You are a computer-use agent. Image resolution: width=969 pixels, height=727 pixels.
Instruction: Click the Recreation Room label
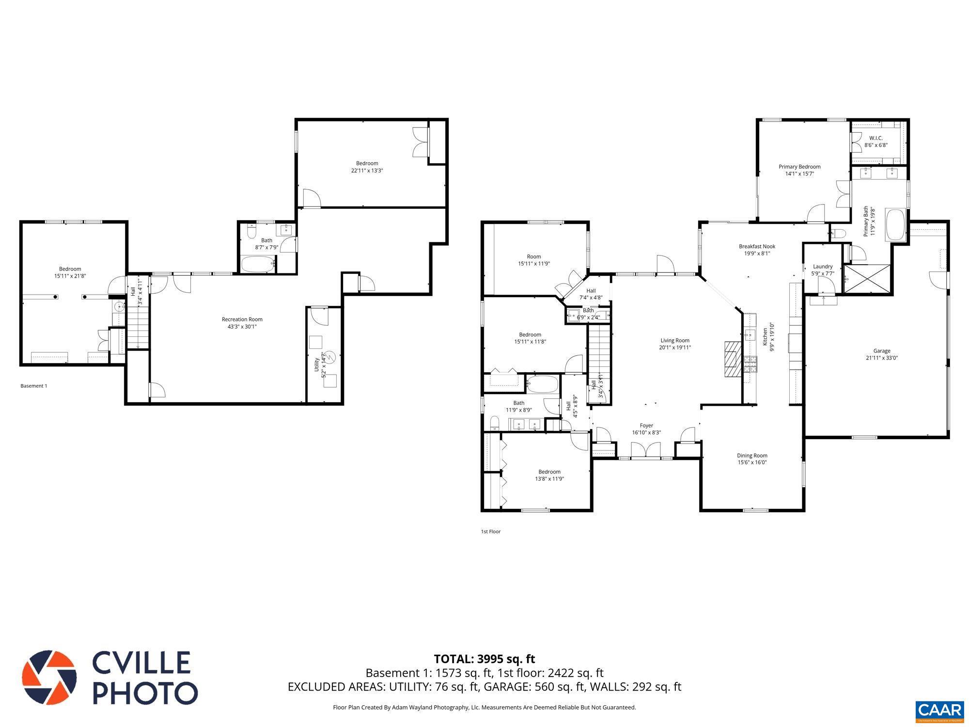tap(242, 319)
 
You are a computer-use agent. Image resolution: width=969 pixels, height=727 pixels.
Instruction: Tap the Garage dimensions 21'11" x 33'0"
tap(881, 358)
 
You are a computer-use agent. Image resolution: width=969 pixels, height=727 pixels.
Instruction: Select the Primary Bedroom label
tap(799, 167)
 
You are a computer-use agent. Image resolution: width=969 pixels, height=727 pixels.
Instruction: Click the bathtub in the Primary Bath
tap(895, 225)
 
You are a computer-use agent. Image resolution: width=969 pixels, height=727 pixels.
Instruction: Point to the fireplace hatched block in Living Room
tap(733, 359)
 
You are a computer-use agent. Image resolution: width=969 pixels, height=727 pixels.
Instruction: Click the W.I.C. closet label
tap(875, 138)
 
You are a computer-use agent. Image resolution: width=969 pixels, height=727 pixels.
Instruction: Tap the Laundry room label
tap(823, 267)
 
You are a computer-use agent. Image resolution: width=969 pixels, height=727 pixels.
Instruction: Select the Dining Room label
tap(752, 456)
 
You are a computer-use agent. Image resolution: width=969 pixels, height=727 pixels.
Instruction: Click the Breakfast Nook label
tap(757, 246)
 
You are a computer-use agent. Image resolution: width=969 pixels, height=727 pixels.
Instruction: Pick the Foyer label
tap(646, 426)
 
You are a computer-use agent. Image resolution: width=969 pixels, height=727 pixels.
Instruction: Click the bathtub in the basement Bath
tap(258, 265)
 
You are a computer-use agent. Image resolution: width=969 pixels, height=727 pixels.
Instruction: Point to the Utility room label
tap(317, 365)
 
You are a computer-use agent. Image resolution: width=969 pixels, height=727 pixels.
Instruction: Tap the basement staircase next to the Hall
tap(138, 323)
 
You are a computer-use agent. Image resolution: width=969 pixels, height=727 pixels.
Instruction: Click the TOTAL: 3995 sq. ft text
tap(484, 659)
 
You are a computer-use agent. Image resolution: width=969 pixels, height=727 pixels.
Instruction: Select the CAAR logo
tap(939, 711)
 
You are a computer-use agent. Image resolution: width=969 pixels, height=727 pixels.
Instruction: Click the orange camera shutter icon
tap(49, 678)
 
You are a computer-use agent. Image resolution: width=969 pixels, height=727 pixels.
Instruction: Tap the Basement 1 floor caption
tap(34, 386)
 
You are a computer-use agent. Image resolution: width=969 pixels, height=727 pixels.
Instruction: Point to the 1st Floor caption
tap(490, 532)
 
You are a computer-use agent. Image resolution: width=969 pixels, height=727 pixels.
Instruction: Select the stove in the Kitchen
tap(750, 364)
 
